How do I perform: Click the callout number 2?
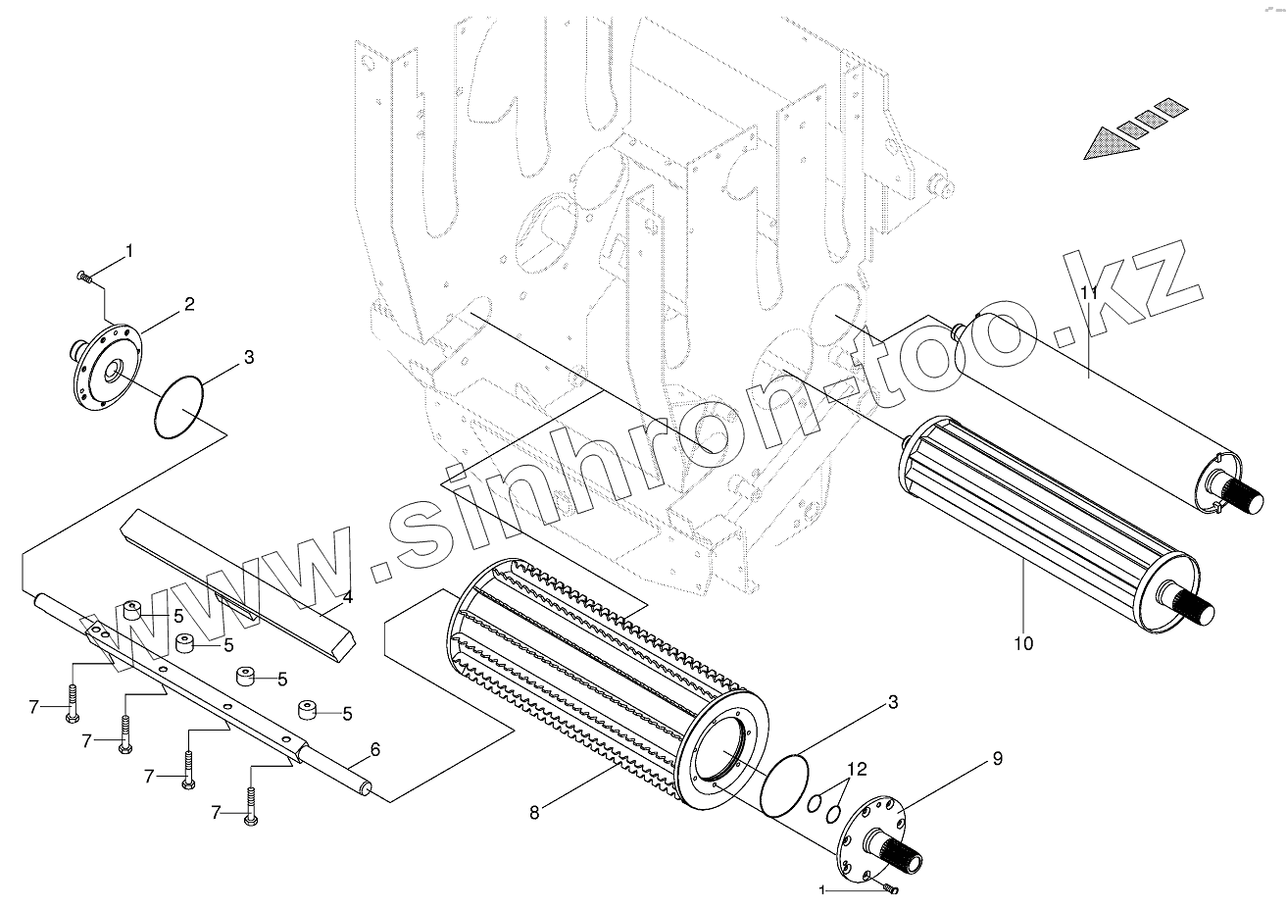point(188,305)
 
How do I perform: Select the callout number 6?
point(374,750)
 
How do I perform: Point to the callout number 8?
point(534,812)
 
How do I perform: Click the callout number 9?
point(997,758)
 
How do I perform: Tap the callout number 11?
point(1088,293)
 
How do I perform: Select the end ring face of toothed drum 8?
point(724,756)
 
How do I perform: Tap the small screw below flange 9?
point(889,887)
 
